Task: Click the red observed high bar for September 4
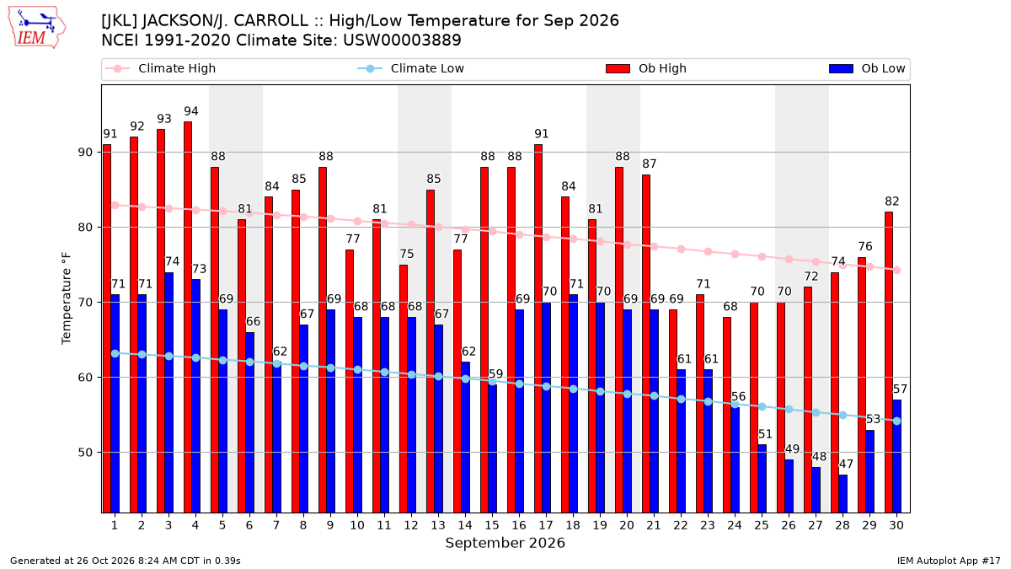188,317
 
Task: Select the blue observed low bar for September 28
843,494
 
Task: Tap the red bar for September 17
538,328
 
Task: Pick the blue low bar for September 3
168,393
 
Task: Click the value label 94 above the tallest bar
191,111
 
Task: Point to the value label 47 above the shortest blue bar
846,464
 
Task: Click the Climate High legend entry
161,68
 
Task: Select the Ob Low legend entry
867,68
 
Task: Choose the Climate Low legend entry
411,68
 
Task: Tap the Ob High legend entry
646,68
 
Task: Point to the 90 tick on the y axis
85,153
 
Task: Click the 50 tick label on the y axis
85,453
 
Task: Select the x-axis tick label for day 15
492,525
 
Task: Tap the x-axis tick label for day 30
896,525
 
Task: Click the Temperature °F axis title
67,298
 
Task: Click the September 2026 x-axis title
505,543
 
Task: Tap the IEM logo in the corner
36,27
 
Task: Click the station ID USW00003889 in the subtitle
402,40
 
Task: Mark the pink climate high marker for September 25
762,256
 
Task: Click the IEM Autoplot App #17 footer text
949,561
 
